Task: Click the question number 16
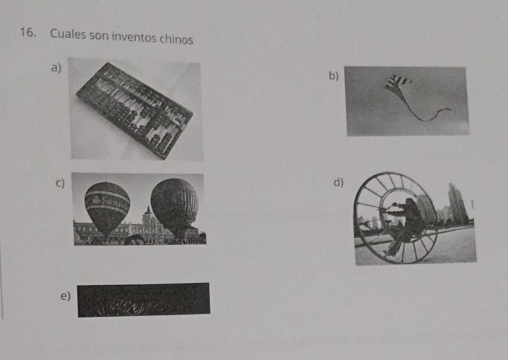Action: click(x=28, y=32)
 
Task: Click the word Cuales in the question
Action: click(x=68, y=35)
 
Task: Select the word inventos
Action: click(x=134, y=37)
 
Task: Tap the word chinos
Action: click(x=176, y=40)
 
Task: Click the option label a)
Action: click(x=56, y=68)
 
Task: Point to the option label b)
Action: click(x=334, y=76)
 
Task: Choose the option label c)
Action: click(x=60, y=183)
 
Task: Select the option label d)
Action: click(x=338, y=182)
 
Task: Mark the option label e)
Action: click(x=66, y=296)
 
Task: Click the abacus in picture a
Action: click(x=135, y=111)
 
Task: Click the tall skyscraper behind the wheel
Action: click(x=457, y=203)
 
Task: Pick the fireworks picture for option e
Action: click(x=143, y=300)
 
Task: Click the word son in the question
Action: click(x=99, y=35)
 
